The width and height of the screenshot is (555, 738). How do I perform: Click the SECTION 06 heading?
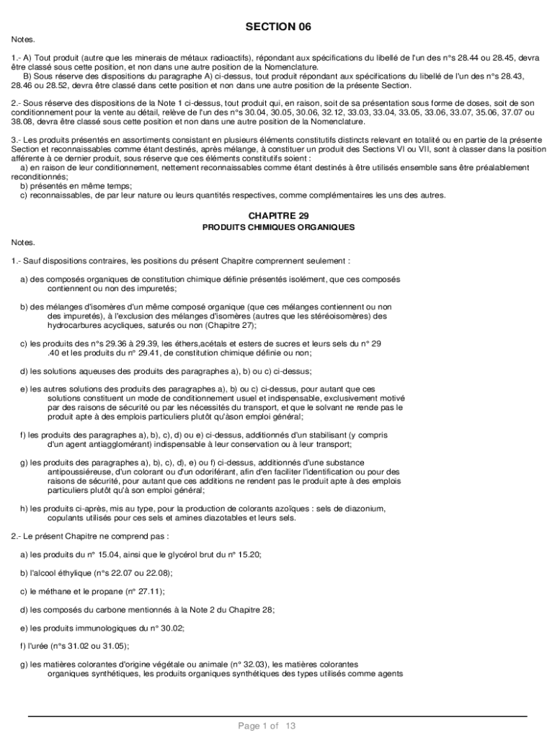(277, 27)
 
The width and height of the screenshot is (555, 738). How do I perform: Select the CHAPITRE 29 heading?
(277, 216)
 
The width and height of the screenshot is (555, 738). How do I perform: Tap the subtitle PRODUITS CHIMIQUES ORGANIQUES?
(277, 227)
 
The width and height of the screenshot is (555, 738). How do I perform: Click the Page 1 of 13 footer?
(267, 726)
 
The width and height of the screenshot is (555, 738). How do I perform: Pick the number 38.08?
(22, 121)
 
